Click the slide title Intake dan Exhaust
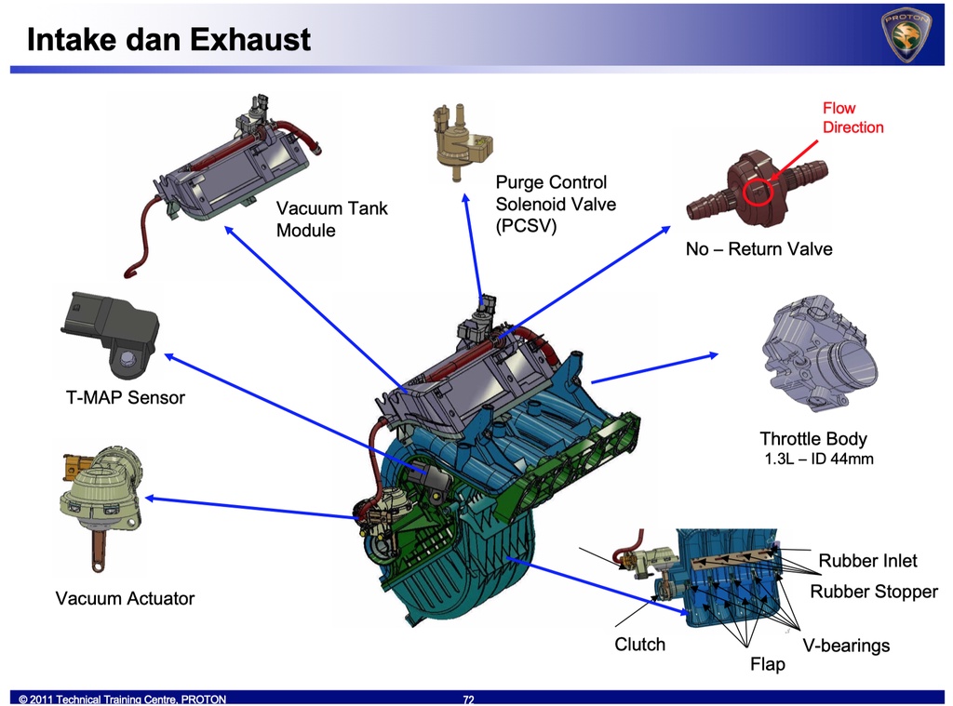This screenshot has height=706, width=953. tap(168, 40)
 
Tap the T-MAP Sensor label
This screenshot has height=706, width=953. tap(126, 398)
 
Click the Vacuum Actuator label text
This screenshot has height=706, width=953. tap(125, 598)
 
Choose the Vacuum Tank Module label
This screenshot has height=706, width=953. tap(332, 220)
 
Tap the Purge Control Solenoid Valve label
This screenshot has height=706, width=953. tap(556, 204)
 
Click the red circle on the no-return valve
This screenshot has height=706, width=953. tap(758, 191)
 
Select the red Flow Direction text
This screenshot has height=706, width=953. tap(852, 118)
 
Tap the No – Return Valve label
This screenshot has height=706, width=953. tap(758, 249)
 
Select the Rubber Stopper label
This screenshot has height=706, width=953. tap(874, 592)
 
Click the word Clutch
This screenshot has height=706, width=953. tap(640, 645)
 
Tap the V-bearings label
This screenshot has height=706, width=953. tap(846, 646)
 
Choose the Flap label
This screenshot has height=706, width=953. tap(768, 664)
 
